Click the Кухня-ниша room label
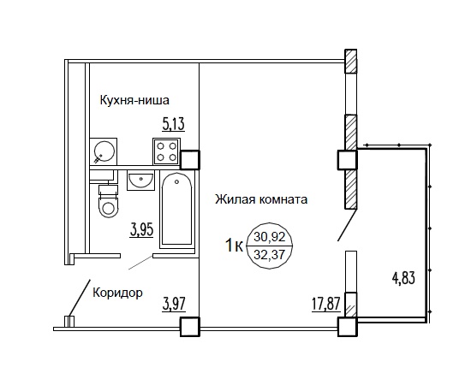(x=134, y=100)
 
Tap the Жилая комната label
(x=261, y=199)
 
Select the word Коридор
(x=118, y=293)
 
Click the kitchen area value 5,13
(x=173, y=125)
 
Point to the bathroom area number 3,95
(x=142, y=230)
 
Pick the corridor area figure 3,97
(x=174, y=305)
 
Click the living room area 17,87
(x=326, y=305)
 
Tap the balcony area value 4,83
(x=403, y=277)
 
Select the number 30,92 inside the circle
(x=270, y=237)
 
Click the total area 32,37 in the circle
(x=270, y=255)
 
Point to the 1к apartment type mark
(x=234, y=246)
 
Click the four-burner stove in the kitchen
(x=166, y=151)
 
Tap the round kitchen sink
(x=104, y=151)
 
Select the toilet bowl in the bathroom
(x=109, y=201)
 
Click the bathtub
(x=176, y=210)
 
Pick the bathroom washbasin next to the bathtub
(x=140, y=181)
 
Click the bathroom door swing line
(x=140, y=263)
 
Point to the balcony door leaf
(x=347, y=225)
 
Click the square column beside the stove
(x=189, y=160)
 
